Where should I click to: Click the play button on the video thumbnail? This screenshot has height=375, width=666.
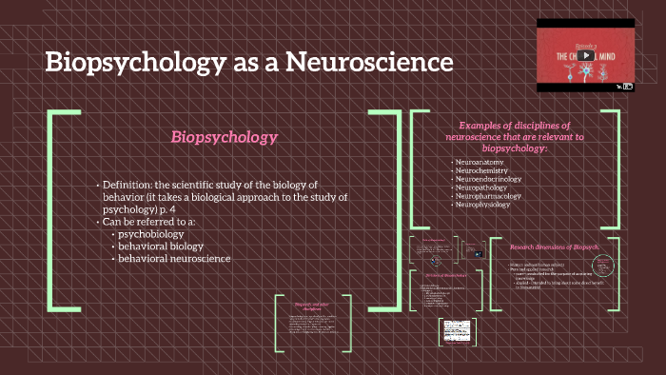coord(587,54)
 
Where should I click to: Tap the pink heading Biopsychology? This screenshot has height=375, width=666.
coord(224,137)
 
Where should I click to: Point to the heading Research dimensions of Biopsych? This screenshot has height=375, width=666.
coord(557,246)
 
